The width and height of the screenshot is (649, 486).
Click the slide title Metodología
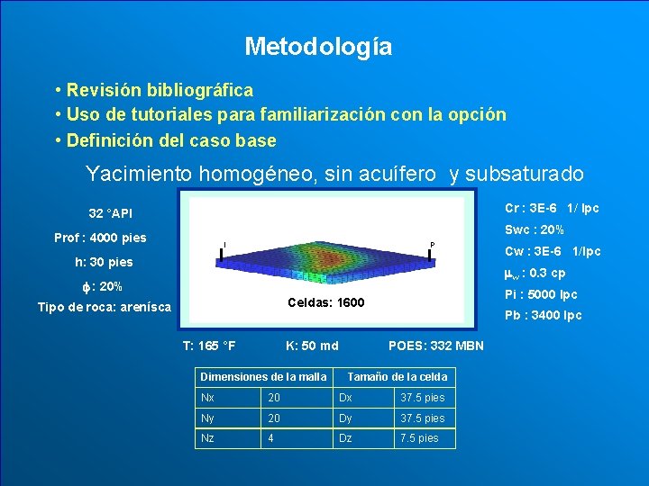tap(318, 46)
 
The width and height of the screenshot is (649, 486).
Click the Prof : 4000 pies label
tap(100, 238)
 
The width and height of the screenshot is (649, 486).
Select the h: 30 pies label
tap(104, 263)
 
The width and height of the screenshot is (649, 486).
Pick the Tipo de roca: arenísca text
tap(104, 308)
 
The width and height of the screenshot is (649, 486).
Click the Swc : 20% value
tap(534, 229)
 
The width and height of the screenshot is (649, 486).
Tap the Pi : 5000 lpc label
tap(541, 294)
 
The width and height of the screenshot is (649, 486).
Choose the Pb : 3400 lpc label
tap(543, 315)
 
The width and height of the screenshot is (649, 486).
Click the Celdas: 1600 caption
tap(325, 302)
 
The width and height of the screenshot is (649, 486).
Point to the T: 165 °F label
tap(209, 346)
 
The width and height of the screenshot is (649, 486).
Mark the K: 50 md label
tap(312, 346)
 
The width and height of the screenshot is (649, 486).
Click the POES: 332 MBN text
tap(435, 346)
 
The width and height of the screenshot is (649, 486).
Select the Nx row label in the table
tap(208, 398)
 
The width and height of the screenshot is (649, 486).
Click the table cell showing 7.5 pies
tap(419, 438)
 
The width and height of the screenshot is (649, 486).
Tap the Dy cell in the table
tap(346, 418)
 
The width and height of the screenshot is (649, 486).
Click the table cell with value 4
tap(271, 438)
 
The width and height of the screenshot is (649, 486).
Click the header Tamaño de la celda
tap(397, 376)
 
